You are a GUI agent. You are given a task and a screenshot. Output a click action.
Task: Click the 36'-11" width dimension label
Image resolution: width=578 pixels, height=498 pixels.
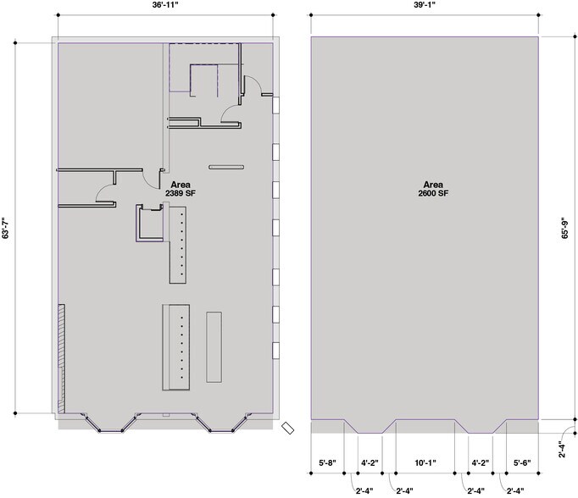(165, 5)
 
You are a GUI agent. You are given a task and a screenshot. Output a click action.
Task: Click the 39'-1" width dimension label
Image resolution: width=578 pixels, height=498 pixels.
(425, 5)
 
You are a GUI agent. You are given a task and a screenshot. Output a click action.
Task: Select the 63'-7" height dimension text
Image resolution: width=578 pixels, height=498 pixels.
(6, 228)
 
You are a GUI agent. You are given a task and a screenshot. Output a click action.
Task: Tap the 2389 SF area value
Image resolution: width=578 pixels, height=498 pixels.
(181, 193)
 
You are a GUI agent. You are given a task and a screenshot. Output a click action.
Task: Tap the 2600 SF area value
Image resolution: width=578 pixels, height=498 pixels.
(433, 193)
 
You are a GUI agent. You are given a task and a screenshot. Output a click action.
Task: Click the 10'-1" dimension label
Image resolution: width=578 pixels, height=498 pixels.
(425, 462)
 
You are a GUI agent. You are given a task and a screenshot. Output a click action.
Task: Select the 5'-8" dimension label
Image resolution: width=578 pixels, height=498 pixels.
(327, 462)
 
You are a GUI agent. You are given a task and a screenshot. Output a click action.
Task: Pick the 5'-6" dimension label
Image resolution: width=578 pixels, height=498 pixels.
(522, 462)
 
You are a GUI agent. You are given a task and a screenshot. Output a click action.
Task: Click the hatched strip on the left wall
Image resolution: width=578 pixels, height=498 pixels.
(62, 358)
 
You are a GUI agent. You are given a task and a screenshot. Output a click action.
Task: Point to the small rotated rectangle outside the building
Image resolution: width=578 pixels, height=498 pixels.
(287, 428)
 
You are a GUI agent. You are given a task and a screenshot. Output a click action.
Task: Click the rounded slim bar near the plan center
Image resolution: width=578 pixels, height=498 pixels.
(226, 167)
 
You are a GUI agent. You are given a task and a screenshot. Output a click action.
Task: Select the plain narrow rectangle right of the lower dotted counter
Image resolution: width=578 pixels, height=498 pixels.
(214, 347)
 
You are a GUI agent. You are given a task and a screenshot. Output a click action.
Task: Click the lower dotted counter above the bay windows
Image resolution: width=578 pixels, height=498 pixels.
(176, 347)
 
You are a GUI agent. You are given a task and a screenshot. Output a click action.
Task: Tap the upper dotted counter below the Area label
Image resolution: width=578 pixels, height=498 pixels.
(178, 245)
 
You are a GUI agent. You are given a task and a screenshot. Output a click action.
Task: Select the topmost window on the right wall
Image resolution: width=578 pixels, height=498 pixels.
(275, 105)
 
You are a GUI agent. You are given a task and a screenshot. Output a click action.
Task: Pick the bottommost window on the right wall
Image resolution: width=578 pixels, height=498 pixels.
(275, 351)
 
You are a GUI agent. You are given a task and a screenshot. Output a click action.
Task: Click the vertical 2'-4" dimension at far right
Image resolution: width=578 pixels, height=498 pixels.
(562, 450)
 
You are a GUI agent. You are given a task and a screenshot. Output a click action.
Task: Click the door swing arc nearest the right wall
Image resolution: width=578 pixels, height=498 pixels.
(255, 82)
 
